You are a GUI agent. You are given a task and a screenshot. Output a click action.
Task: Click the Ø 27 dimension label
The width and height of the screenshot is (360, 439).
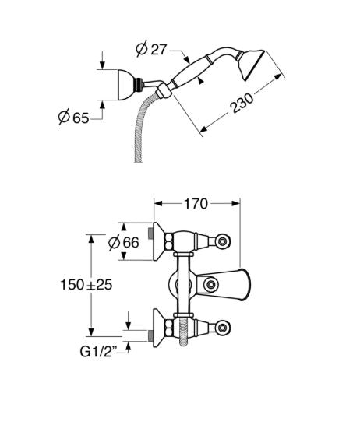coord(151,49)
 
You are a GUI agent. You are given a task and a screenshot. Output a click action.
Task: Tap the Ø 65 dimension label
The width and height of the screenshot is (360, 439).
coord(73,118)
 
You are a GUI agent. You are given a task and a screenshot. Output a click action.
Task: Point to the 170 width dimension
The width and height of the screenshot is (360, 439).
coord(196,204)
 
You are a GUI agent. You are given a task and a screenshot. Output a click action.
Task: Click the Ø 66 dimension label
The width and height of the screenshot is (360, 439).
coord(124,242)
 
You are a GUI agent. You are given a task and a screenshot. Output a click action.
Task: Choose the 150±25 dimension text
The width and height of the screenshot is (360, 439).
coord(86,285)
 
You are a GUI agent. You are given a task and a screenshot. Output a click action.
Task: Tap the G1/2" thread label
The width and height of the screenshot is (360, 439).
coord(98,352)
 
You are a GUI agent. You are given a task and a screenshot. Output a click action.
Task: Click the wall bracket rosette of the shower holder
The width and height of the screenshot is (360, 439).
coord(125,85)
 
